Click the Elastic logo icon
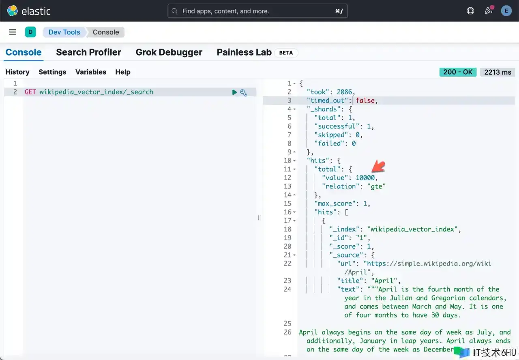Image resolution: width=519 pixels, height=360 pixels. [12, 11]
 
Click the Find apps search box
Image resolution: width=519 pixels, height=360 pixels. [257, 11]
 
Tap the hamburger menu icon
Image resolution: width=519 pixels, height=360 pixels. [13, 32]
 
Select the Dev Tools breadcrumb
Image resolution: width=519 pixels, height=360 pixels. [64, 32]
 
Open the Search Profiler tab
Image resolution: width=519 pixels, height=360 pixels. [88, 52]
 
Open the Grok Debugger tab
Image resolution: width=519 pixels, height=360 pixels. [169, 52]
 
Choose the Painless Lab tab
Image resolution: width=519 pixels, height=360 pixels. [244, 52]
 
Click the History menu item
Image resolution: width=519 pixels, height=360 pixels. [17, 72]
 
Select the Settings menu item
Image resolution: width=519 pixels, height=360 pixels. [52, 72]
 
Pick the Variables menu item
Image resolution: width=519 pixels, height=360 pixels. [91, 72]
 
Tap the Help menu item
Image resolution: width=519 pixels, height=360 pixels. [123, 72]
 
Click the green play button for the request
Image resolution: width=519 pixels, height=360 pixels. [234, 92]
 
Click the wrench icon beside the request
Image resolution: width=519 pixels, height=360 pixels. [244, 93]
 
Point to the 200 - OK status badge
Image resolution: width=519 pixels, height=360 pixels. [458, 72]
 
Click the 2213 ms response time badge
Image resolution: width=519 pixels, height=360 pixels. [498, 72]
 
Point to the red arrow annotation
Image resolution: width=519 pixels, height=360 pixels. [379, 166]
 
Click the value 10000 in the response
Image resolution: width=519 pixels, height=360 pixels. [365, 178]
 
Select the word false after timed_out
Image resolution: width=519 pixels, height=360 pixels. [365, 101]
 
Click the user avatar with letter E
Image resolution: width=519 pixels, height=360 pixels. [506, 11]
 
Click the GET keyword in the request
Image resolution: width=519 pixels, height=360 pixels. [30, 92]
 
